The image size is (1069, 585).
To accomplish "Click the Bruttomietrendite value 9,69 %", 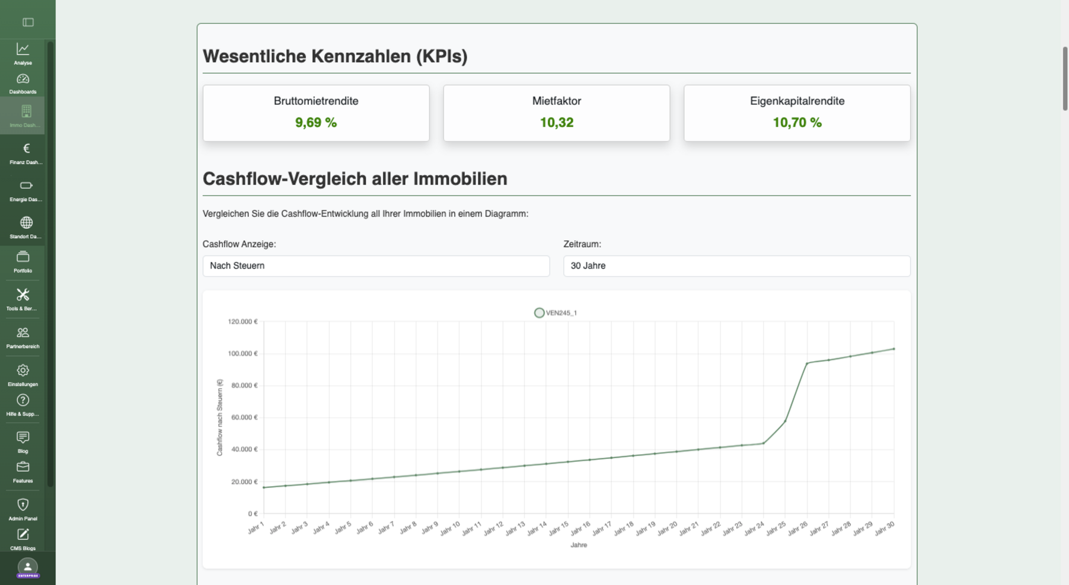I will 315,123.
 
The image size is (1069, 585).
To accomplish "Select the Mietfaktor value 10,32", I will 556,123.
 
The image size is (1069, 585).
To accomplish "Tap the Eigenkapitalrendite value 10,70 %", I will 796,123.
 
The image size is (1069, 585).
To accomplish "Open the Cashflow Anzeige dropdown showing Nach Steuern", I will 376,266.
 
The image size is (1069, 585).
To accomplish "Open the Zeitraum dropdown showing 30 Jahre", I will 736,266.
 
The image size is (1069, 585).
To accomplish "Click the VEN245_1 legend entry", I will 556,313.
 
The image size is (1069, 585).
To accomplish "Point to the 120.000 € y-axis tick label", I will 242,322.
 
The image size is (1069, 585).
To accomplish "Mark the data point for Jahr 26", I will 806,363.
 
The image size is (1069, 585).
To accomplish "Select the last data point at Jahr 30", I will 894,349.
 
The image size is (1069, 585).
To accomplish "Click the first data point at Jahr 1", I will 264,488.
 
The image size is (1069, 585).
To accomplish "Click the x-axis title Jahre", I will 578,545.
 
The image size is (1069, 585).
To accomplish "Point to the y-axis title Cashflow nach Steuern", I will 219,418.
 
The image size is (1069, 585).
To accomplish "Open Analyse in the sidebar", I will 23,53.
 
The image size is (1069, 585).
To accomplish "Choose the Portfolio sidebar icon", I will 23,261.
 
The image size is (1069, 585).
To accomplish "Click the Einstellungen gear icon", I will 23,371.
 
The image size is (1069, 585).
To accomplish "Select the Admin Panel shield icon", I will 23,505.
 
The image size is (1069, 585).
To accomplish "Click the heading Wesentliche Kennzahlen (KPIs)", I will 335,56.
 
